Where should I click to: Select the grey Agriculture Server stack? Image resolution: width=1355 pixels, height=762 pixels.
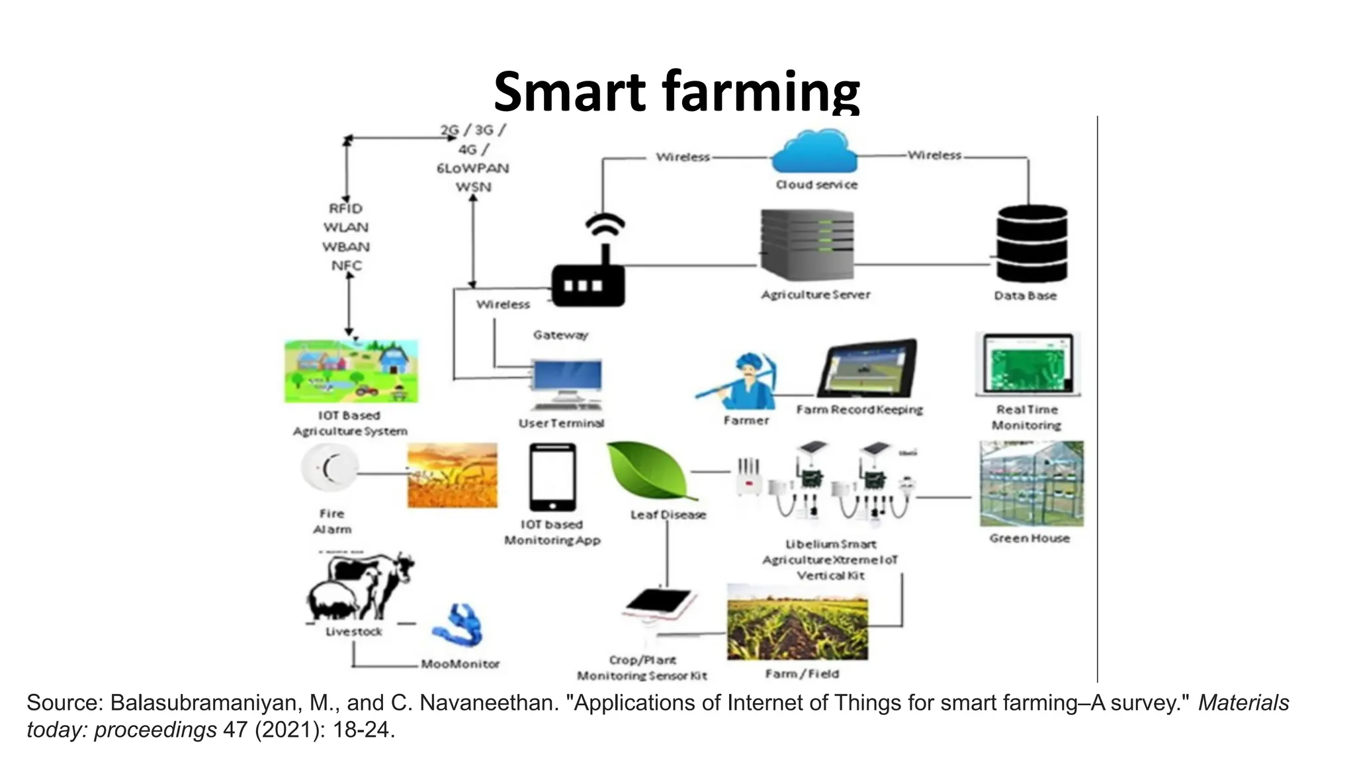tap(807, 245)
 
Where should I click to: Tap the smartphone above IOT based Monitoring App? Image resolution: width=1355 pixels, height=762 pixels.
tap(552, 477)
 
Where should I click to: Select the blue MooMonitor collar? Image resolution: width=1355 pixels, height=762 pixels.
tap(459, 626)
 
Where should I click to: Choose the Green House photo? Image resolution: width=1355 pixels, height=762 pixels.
tap(1031, 484)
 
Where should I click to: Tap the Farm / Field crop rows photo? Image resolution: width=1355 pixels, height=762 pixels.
tap(797, 622)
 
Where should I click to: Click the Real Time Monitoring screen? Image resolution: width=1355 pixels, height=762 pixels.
tap(1027, 363)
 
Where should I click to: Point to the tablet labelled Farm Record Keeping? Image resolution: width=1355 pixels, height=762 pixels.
tap(867, 368)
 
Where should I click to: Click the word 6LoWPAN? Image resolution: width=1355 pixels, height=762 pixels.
tap(472, 168)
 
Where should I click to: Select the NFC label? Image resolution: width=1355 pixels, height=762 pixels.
tap(347, 266)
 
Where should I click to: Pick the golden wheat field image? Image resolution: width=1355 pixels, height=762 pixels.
tap(453, 475)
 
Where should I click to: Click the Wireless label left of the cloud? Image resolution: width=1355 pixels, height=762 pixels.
tap(683, 157)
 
